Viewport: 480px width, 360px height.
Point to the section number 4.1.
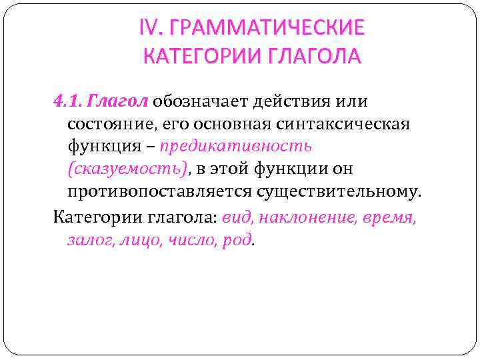coord(67,101)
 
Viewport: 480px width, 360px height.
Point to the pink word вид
coord(236,217)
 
